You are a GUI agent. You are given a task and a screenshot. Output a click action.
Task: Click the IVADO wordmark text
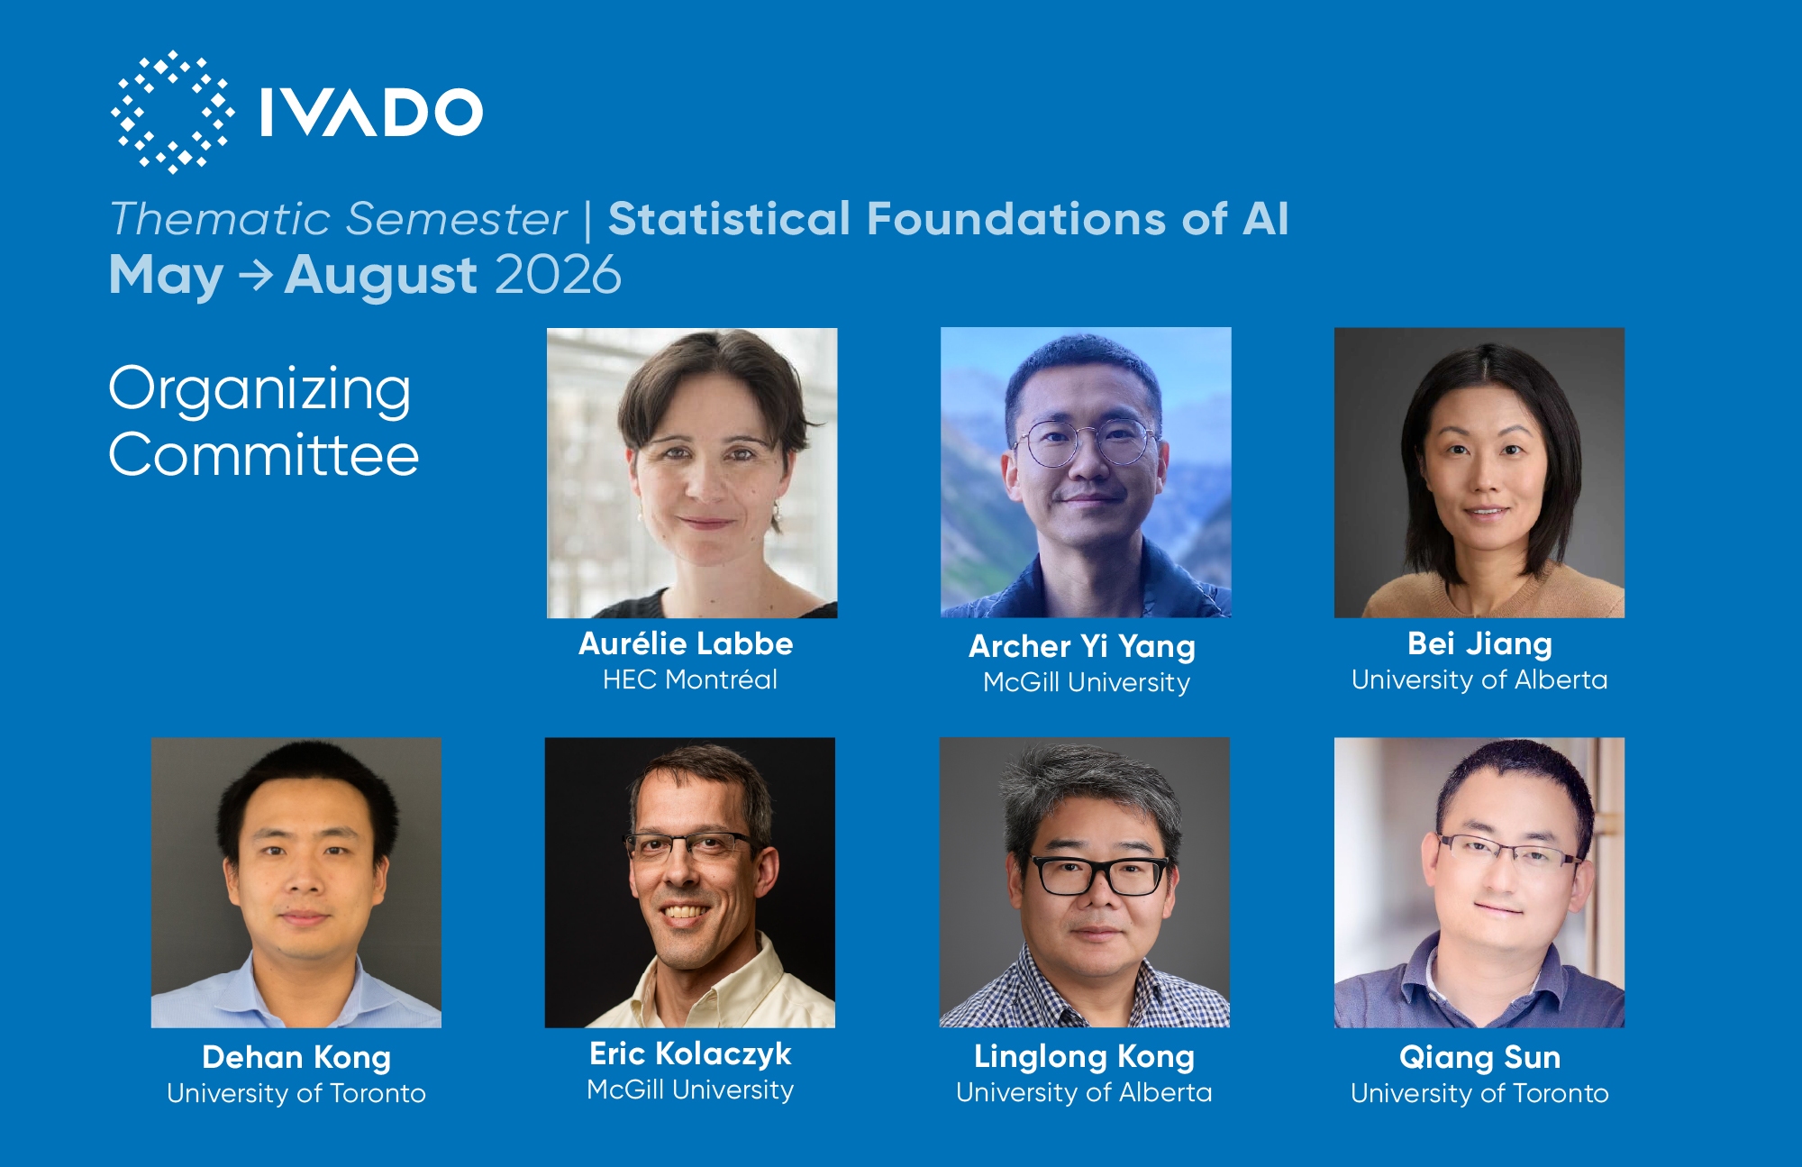371,113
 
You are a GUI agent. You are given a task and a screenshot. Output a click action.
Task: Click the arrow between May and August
256,275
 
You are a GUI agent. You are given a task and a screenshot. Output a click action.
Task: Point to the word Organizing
260,391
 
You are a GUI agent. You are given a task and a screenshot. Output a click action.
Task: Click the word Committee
264,454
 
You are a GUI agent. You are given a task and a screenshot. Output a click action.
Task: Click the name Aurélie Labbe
686,643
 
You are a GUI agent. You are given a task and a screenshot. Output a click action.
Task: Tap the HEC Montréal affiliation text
690,679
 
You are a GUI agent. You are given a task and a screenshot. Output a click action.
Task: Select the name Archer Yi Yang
1082,646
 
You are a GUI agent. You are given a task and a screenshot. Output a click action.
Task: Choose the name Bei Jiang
1479,643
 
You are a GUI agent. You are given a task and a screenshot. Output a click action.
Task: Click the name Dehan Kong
296,1057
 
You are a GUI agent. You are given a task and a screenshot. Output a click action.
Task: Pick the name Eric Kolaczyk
690,1053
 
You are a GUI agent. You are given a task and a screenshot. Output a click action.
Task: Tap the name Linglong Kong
1084,1056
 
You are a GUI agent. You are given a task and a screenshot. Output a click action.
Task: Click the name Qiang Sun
1479,1057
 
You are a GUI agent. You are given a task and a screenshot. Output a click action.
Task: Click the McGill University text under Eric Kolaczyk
690,1090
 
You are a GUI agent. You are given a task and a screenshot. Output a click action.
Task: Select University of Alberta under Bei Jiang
1479,679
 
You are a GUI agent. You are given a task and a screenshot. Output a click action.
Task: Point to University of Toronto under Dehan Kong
296,1093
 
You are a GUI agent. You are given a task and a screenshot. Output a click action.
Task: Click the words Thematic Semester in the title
338,219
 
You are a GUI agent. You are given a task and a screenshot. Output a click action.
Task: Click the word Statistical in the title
729,219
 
